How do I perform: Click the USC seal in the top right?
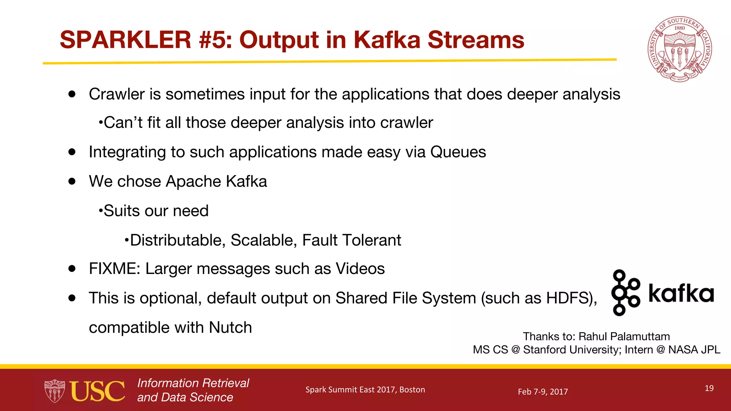coord(680,49)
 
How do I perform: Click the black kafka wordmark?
coord(681,293)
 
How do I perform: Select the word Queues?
coord(458,152)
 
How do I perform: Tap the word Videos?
coord(360,269)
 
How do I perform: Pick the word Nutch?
coord(230,328)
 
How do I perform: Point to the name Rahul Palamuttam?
coord(624,336)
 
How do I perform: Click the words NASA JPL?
coord(694,350)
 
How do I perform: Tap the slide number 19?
coord(709,388)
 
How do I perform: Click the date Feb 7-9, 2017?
coord(543,392)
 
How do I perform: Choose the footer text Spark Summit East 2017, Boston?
coord(365,390)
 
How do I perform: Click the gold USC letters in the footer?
coord(97,391)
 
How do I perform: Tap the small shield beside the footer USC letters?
coord(54,391)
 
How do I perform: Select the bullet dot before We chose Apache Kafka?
coord(72,181)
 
